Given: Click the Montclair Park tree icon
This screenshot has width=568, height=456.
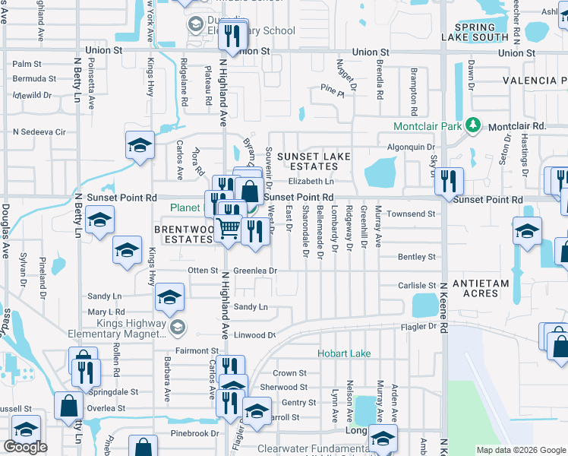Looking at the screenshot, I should click(x=474, y=125).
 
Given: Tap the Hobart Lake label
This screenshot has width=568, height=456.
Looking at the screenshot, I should click(x=344, y=353).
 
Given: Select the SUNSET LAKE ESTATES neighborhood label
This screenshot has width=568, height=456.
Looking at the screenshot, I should click(x=314, y=162).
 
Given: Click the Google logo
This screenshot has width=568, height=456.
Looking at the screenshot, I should click(x=24, y=446).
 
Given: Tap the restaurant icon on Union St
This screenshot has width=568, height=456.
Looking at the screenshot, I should click(x=232, y=34).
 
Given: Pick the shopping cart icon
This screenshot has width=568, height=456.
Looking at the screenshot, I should click(x=228, y=228).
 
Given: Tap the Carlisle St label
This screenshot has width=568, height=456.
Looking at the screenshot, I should click(x=416, y=287).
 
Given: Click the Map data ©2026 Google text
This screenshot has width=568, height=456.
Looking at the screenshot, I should click(x=520, y=450).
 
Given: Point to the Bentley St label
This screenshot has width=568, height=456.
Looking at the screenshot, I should click(x=418, y=258).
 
